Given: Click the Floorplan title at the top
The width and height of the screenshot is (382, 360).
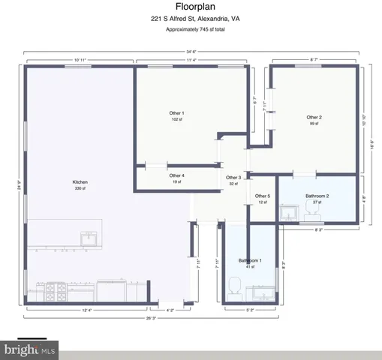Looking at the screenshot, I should pyautogui.click(x=191, y=7).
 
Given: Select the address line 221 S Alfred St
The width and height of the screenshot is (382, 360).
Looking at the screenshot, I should pyautogui.click(x=191, y=19).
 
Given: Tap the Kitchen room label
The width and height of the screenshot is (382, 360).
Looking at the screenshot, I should pyautogui.click(x=80, y=182).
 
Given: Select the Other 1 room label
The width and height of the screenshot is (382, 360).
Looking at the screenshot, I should pyautogui.click(x=176, y=113).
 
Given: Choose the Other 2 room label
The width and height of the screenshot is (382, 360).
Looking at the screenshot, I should pyautogui.click(x=314, y=117).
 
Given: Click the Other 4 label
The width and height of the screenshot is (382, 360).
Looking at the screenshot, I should pyautogui.click(x=177, y=175).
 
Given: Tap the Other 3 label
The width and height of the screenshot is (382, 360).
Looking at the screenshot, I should pyautogui.click(x=233, y=177).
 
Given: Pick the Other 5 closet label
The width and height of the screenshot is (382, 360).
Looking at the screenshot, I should pyautogui.click(x=263, y=196).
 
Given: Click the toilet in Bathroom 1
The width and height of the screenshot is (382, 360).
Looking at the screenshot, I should pyautogui.click(x=233, y=286).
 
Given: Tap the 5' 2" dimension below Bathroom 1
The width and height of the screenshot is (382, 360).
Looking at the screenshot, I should pyautogui.click(x=249, y=309).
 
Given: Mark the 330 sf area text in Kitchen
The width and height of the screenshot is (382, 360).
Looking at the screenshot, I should pyautogui.click(x=80, y=189).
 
